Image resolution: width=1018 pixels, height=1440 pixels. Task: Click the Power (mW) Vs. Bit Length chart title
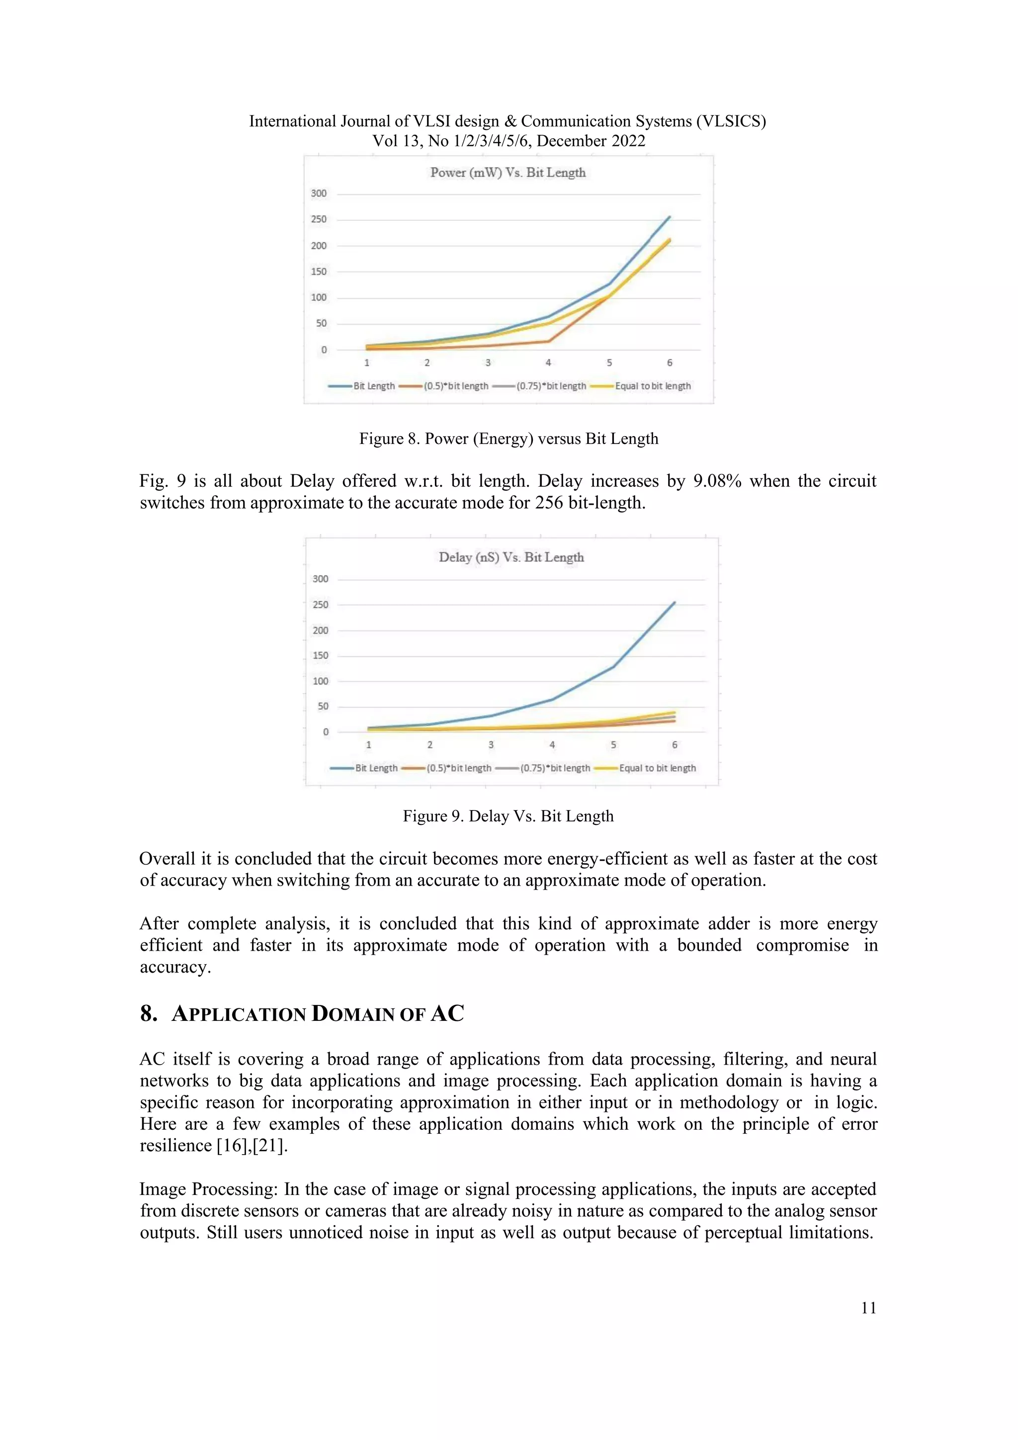508,173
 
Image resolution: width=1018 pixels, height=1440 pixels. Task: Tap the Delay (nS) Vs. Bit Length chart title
511,557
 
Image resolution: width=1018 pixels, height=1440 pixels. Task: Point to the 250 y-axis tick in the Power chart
319,219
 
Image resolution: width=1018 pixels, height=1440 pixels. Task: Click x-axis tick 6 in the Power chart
670,362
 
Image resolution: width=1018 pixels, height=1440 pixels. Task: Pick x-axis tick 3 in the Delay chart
491,744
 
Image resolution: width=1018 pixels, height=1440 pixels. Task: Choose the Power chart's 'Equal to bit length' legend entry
653,386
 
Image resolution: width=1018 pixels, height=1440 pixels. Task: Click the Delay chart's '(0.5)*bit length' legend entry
458,768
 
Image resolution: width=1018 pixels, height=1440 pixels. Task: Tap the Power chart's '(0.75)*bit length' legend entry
551,386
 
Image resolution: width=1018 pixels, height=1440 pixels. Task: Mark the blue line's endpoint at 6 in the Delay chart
675,603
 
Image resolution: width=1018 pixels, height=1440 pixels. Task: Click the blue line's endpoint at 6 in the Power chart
670,217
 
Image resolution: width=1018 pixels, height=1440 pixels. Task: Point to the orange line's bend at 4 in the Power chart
549,341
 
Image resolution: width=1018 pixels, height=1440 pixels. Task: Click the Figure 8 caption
509,439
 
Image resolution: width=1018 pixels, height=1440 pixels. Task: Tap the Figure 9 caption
508,816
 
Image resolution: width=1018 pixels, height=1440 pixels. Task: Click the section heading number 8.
149,1013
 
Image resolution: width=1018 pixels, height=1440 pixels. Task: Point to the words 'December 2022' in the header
591,141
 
